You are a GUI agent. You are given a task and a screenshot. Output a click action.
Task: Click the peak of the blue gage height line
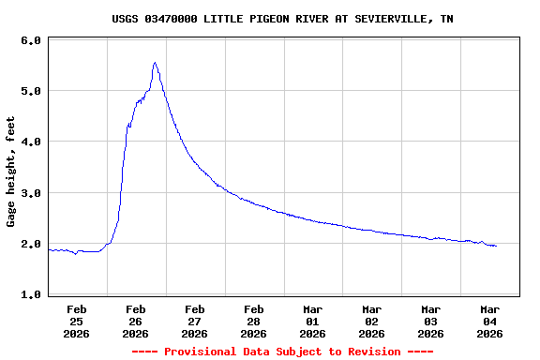tap(155, 63)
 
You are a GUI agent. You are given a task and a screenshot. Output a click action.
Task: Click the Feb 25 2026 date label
tap(77, 321)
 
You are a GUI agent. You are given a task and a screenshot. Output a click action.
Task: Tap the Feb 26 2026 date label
tap(136, 321)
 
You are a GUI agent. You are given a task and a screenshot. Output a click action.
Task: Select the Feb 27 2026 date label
tap(195, 321)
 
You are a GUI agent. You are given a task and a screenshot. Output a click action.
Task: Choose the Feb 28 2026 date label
tap(254, 321)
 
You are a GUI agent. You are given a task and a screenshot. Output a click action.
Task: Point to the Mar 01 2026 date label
tap(313, 321)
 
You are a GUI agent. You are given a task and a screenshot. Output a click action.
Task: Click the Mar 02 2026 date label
tap(372, 321)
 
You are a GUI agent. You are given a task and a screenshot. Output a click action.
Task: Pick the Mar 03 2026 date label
tap(431, 321)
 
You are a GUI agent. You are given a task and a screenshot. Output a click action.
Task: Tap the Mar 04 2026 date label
tap(490, 321)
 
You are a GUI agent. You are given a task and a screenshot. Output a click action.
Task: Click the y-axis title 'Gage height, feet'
tap(11, 172)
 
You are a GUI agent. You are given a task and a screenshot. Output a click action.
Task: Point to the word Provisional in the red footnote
tap(202, 352)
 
